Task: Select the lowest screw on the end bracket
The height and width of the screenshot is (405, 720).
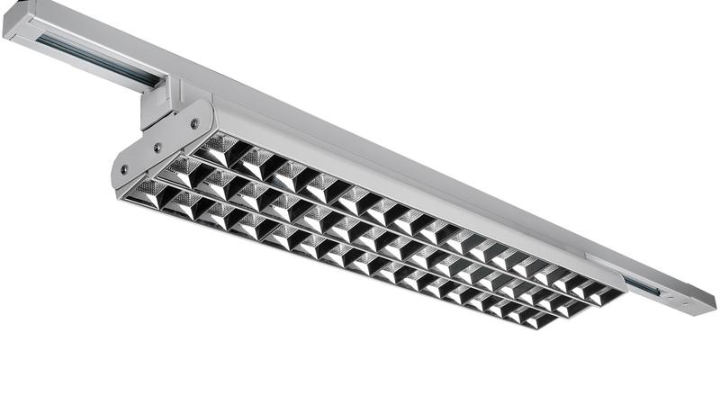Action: pos(124,169)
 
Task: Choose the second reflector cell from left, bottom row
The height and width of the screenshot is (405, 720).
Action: pos(180,204)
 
